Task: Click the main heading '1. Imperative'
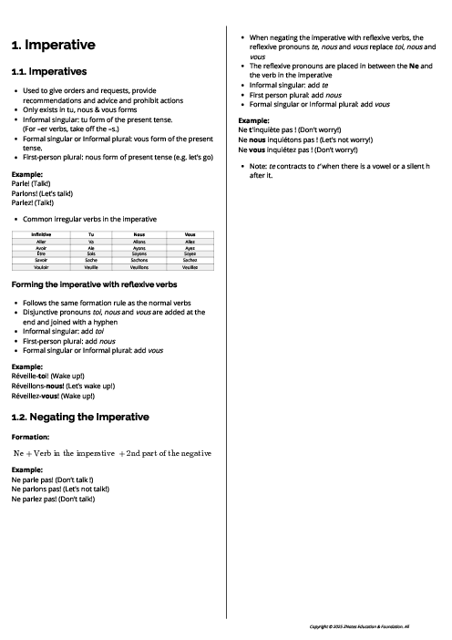point(53,45)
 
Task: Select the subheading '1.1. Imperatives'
point(49,71)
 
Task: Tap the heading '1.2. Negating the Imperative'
point(80,417)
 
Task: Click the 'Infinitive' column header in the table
point(41,234)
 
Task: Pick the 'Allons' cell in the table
point(139,241)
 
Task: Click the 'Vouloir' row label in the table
point(41,266)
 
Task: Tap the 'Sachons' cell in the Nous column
point(139,260)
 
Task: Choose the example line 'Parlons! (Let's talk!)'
point(42,193)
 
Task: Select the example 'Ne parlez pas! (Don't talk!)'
point(53,499)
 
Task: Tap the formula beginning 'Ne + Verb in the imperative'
point(112,453)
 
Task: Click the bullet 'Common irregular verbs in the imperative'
point(89,219)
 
